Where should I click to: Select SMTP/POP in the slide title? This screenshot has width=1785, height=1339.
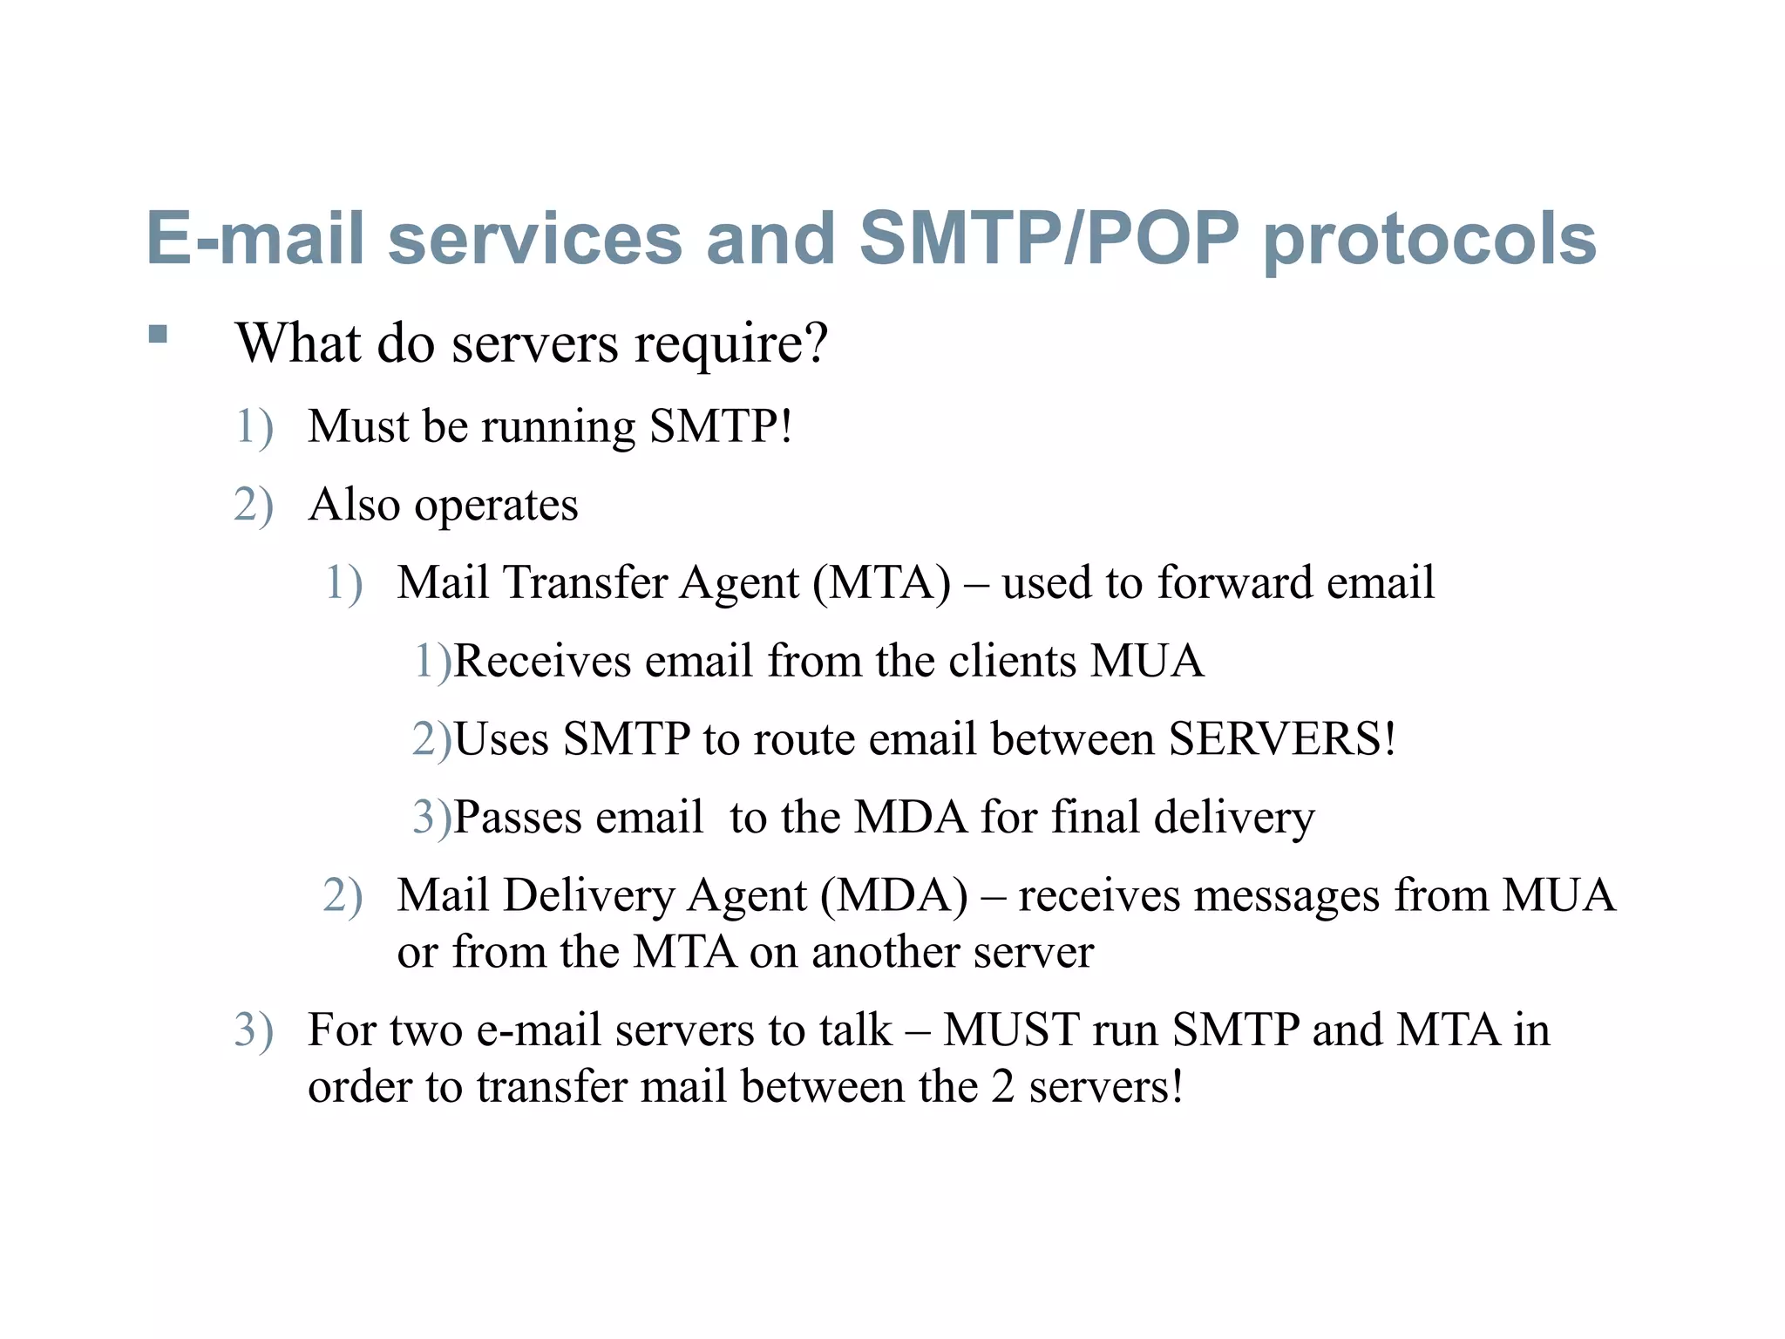point(1049,238)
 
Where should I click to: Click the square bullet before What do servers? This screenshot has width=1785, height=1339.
point(158,335)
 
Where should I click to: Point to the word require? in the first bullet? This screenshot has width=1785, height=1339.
point(730,345)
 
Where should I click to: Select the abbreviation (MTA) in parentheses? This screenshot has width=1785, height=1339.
point(881,583)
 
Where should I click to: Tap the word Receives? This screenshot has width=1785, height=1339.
point(542,662)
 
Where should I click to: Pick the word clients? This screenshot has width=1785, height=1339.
point(1012,662)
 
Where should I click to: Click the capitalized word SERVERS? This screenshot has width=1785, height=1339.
point(1282,739)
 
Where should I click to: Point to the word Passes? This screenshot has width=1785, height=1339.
point(518,818)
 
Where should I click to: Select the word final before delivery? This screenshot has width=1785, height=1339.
point(1095,818)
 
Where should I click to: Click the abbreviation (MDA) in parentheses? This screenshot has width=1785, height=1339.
point(893,896)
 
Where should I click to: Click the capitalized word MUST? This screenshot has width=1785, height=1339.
point(1011,1030)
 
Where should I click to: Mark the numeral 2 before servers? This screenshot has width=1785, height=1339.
point(1002,1088)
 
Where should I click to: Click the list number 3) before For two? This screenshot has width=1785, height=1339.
point(254,1030)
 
